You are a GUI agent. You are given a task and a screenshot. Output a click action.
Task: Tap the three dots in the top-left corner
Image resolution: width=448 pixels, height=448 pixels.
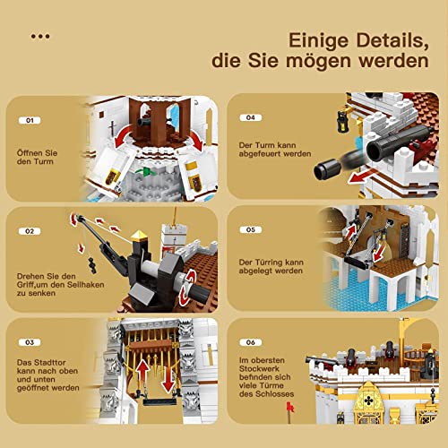coord(40,37)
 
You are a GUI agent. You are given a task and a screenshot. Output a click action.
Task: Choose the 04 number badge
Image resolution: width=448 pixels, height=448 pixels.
coord(252,118)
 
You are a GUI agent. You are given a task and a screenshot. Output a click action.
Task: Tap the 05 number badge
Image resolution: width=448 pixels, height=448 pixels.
coord(252,229)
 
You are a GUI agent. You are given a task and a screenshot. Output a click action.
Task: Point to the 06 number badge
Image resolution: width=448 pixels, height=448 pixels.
coord(252,340)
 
